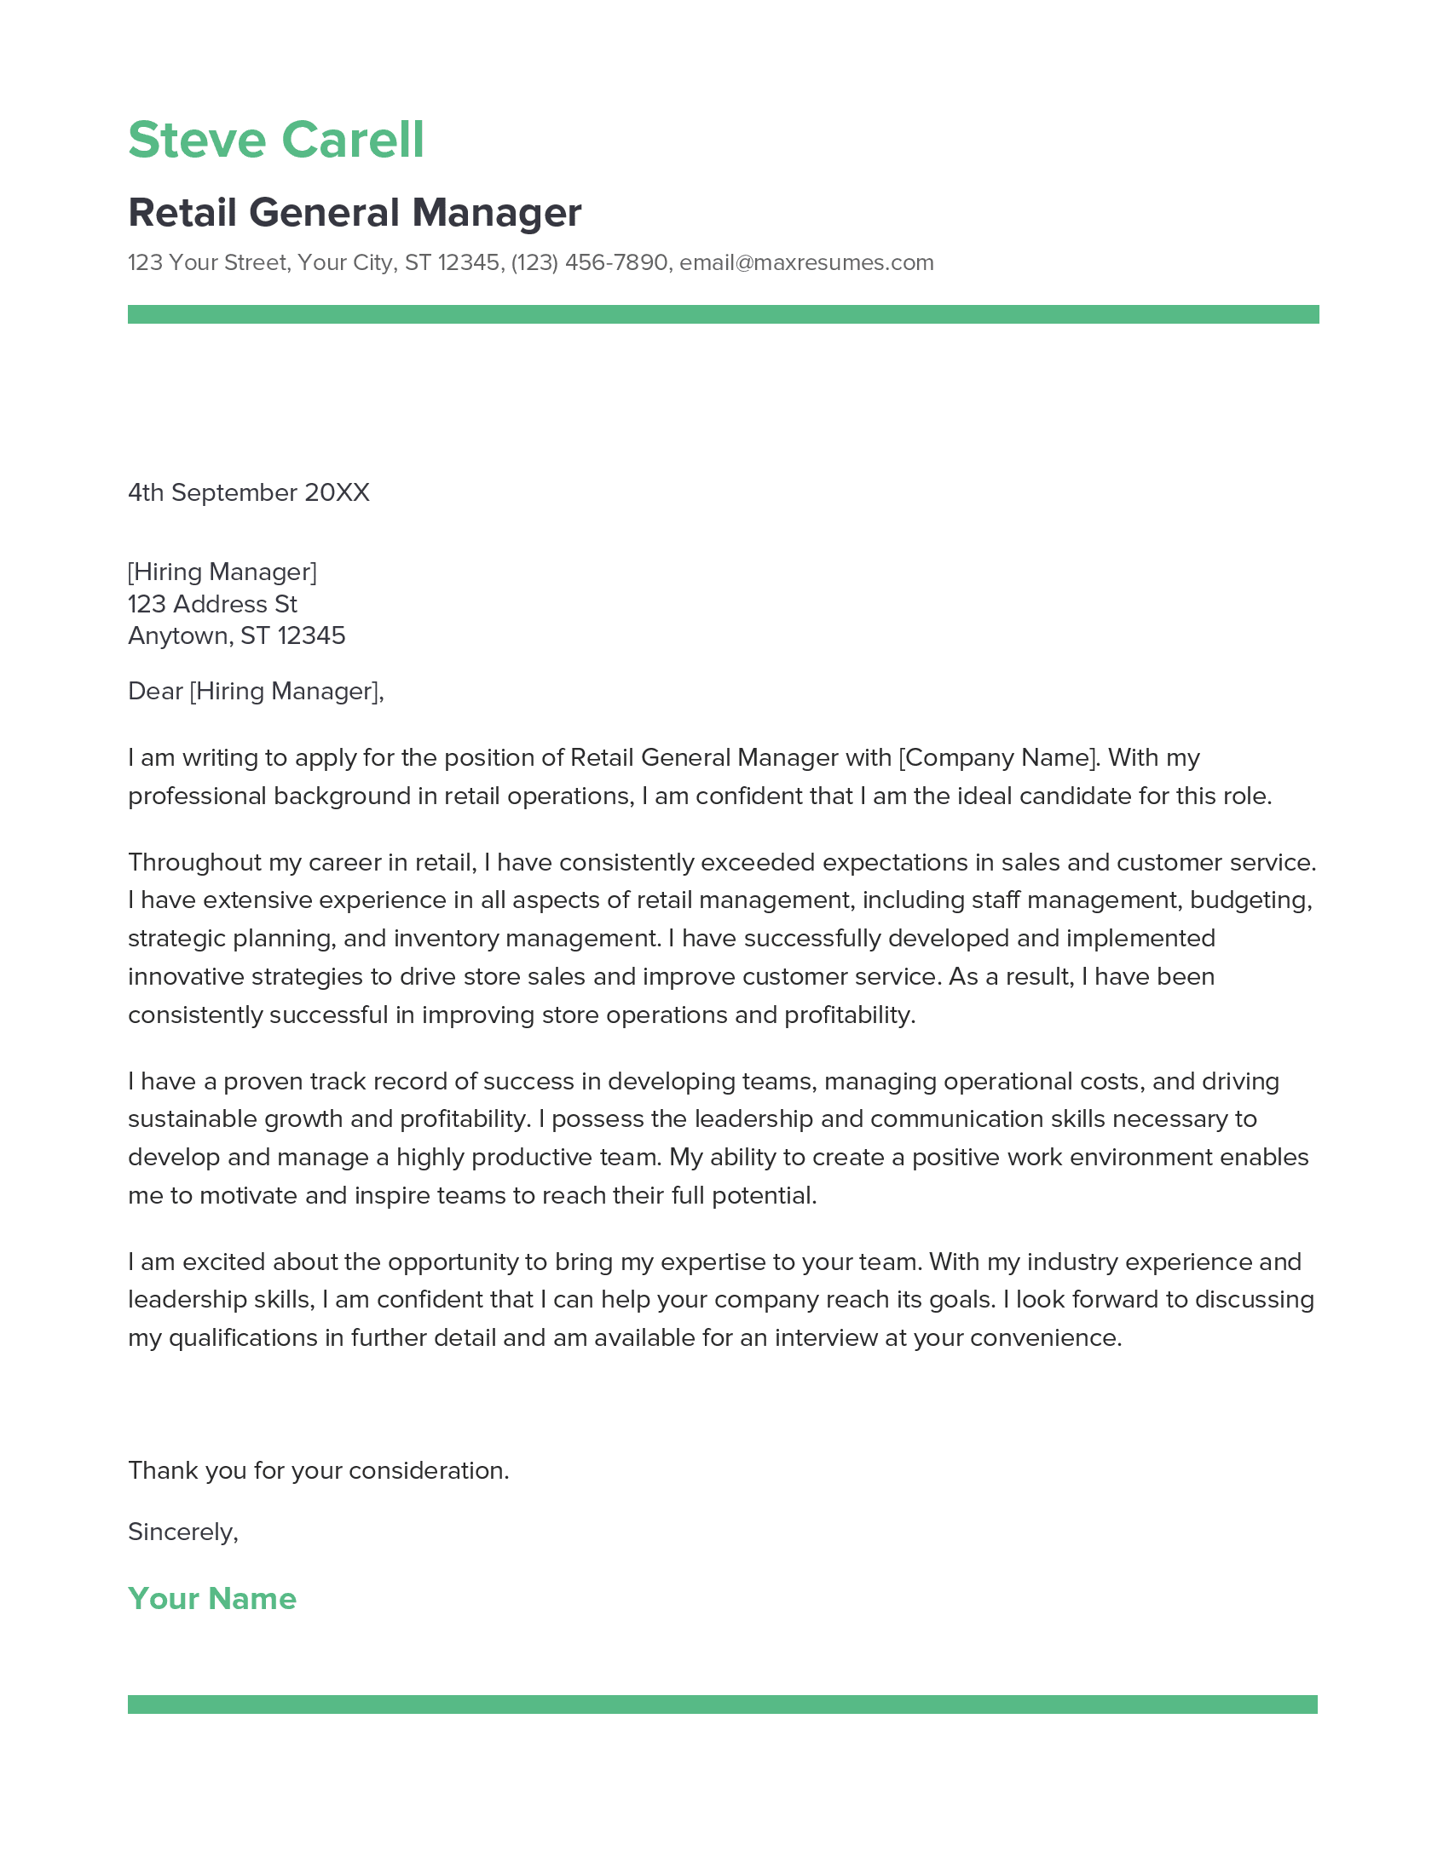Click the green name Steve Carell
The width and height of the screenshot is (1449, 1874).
275,140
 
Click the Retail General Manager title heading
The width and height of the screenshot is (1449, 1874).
355,213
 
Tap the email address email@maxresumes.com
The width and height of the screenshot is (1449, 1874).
806,262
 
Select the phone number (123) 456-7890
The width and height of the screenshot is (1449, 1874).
589,262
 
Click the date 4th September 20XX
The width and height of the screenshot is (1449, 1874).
248,492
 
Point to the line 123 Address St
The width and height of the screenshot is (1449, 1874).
212,604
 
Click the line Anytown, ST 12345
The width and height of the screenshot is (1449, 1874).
236,635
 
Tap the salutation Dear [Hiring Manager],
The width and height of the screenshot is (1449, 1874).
256,691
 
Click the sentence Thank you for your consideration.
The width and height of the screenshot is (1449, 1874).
319,1471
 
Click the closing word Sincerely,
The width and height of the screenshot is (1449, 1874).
183,1532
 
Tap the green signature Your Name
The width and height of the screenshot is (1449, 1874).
212,1599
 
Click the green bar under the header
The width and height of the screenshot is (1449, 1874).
723,314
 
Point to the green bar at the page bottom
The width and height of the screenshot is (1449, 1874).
722,1704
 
